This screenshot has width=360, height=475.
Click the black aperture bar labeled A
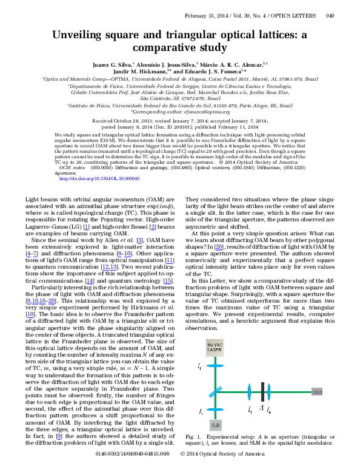[x=261, y=392]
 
